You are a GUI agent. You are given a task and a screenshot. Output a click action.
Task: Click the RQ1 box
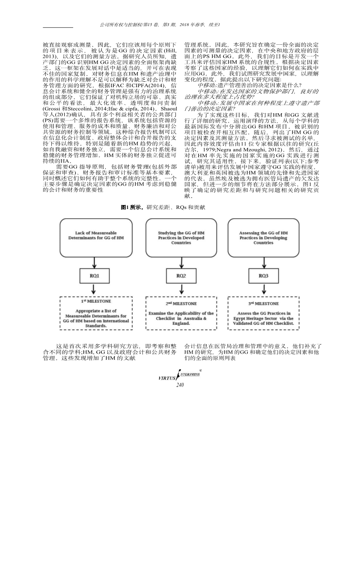click(95, 276)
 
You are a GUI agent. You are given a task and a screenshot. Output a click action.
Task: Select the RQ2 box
click(181, 276)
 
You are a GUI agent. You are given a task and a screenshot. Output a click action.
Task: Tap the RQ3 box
click(263, 276)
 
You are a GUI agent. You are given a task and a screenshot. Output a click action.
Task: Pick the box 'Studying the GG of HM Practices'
click(181, 238)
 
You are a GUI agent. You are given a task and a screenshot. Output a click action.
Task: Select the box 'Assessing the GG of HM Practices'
click(263, 238)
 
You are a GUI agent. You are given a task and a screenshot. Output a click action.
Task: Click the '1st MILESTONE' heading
click(96, 301)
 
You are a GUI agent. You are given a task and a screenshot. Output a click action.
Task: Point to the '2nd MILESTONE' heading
click(181, 303)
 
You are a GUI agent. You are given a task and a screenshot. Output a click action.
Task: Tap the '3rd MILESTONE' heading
click(263, 303)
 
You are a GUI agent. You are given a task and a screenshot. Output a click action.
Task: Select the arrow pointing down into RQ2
click(181, 263)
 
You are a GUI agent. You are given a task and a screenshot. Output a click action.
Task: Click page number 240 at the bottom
click(180, 385)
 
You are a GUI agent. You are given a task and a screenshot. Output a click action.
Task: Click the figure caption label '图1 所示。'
click(133, 207)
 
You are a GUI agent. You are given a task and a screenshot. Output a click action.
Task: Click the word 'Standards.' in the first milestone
click(96, 326)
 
